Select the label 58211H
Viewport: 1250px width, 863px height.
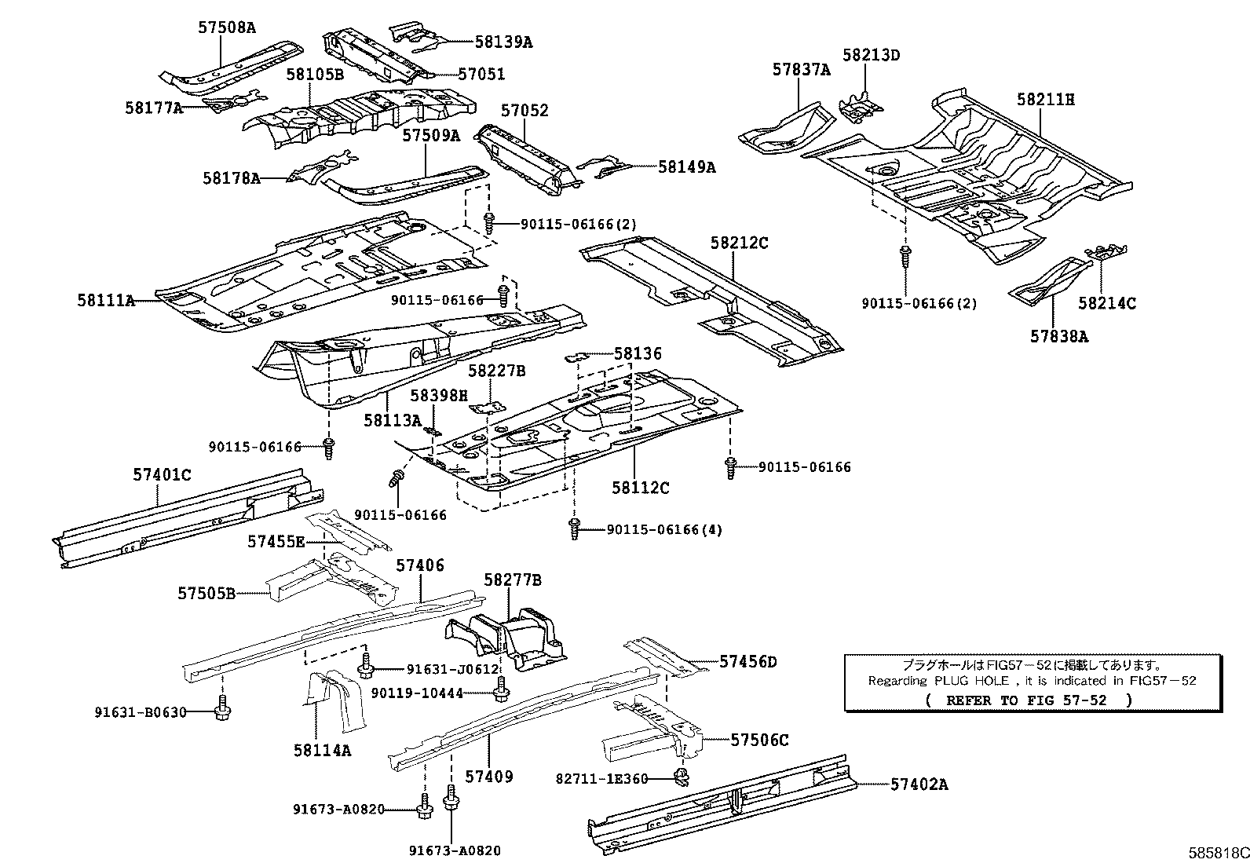coord(1045,99)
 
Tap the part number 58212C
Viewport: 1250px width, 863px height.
coord(739,243)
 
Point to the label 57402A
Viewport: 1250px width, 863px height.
coord(919,784)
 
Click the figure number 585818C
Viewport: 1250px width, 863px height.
coord(1217,851)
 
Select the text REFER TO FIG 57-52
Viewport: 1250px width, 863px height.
coord(1028,700)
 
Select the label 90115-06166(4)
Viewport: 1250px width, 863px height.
coord(663,530)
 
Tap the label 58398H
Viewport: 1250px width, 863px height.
coord(439,395)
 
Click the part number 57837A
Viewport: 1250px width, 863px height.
coord(800,69)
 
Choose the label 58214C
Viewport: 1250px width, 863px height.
coord(1106,302)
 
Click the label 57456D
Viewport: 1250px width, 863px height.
coord(747,662)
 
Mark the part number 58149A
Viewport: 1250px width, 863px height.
coord(686,166)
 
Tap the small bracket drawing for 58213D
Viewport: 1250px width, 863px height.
coord(861,107)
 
